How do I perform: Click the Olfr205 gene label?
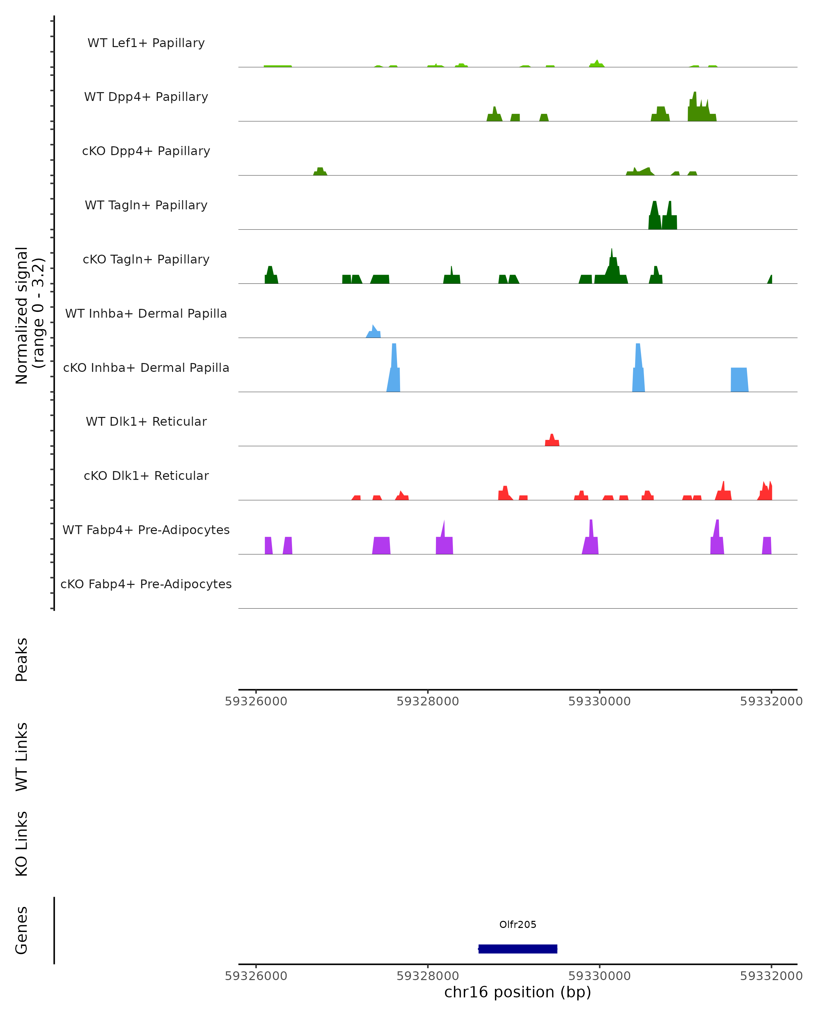point(518,925)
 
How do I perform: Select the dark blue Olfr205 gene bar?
point(518,949)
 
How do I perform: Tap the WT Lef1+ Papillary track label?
point(146,43)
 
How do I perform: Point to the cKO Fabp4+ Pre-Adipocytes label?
point(146,584)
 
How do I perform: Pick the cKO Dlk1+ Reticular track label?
point(146,475)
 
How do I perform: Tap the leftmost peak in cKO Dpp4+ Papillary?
point(320,171)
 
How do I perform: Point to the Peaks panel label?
point(22,659)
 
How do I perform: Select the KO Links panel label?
point(22,844)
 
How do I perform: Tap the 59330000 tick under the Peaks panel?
point(600,701)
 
